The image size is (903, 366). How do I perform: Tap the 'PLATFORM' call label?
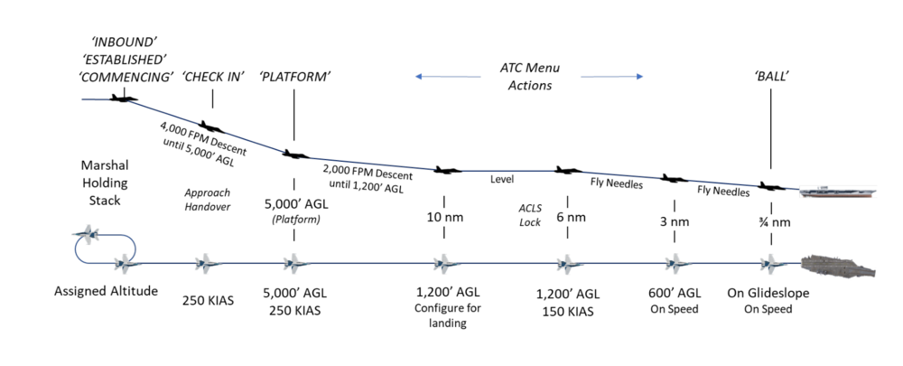point(294,76)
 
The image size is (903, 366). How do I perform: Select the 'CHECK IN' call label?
point(213,76)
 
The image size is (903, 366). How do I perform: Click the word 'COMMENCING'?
point(126,77)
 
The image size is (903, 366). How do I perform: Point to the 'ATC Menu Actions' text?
point(526,76)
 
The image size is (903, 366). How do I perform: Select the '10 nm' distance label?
point(444,217)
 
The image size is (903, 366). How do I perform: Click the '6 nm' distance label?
point(567,217)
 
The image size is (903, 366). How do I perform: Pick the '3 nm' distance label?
point(674,217)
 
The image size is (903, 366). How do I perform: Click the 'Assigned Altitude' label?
point(107,293)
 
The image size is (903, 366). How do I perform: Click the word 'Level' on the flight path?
point(502,179)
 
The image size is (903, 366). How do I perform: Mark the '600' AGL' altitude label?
point(675,293)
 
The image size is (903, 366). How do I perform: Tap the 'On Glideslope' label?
point(768,293)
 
